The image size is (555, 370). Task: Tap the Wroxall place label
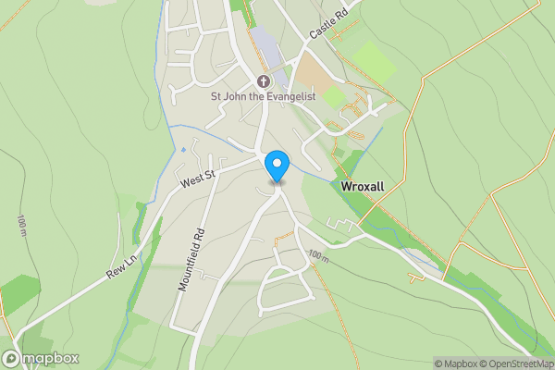363,186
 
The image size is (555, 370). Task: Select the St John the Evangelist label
263,96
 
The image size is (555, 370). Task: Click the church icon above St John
263,80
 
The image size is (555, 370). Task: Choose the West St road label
197,177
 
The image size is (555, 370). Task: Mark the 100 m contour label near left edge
20,227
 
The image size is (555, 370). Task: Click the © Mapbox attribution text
454,364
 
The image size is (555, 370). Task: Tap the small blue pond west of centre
183,149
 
